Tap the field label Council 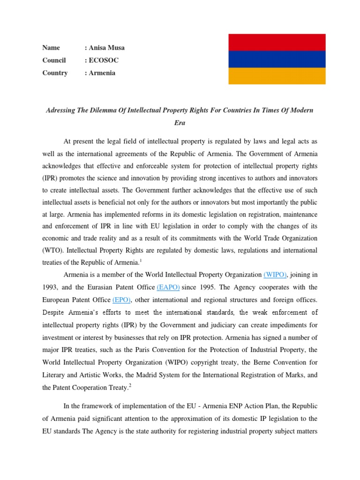pos(54,60)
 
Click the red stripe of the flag pos(277,42)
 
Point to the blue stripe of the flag pos(277,59)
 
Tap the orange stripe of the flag pos(277,76)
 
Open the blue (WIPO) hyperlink pos(276,275)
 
